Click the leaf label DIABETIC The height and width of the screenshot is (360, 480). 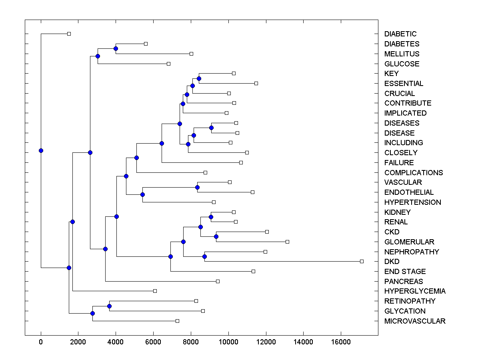[400, 34]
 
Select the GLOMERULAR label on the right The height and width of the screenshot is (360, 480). [409, 242]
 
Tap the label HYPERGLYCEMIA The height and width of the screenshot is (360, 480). [415, 291]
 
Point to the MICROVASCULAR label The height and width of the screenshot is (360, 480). [415, 321]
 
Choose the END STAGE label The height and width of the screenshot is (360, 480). [405, 272]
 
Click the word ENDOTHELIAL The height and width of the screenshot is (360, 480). [409, 192]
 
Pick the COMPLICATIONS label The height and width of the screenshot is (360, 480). [414, 173]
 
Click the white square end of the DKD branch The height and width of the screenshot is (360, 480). [362, 261]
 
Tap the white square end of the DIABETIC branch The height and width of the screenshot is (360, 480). [69, 34]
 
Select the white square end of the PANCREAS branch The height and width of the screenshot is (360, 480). [218, 281]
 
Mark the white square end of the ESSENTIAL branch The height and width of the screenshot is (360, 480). [256, 83]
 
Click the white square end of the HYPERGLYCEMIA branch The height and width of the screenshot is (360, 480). [155, 291]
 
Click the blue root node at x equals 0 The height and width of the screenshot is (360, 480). [41, 150]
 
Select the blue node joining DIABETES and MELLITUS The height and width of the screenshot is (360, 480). [116, 48]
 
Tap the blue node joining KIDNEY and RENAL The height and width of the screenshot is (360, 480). [211, 217]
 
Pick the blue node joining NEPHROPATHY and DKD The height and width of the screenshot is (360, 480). [204, 256]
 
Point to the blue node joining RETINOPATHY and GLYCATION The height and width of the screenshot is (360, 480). [109, 306]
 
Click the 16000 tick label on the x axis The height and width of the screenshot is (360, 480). [341, 342]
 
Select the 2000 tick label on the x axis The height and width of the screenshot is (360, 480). [78, 342]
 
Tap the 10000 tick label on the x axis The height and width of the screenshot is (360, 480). [228, 342]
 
